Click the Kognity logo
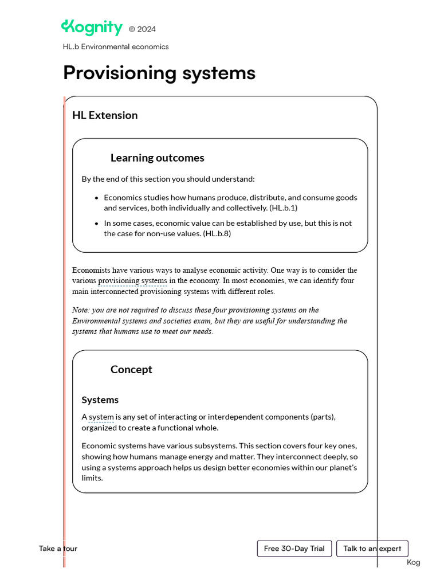pyautogui.click(x=92, y=28)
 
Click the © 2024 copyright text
pyautogui.click(x=142, y=29)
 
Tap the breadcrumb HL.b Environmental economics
pyautogui.click(x=116, y=47)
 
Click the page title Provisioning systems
pyautogui.click(x=159, y=73)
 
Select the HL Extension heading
pyautogui.click(x=105, y=115)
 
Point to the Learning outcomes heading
pyautogui.click(x=157, y=158)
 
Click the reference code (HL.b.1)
pyautogui.click(x=283, y=208)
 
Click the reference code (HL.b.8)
pyautogui.click(x=217, y=233)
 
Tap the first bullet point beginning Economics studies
pyautogui.click(x=96, y=198)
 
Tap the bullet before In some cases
pyautogui.click(x=96, y=224)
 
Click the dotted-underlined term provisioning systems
pyautogui.click(x=132, y=281)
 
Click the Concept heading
pyautogui.click(x=131, y=370)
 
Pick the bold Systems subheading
pyautogui.click(x=100, y=400)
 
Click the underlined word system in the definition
pyautogui.click(x=101, y=417)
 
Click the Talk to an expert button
pyautogui.click(x=372, y=549)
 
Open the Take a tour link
pyautogui.click(x=58, y=549)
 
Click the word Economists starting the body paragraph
pyautogui.click(x=92, y=270)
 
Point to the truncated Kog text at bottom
pyautogui.click(x=413, y=562)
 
